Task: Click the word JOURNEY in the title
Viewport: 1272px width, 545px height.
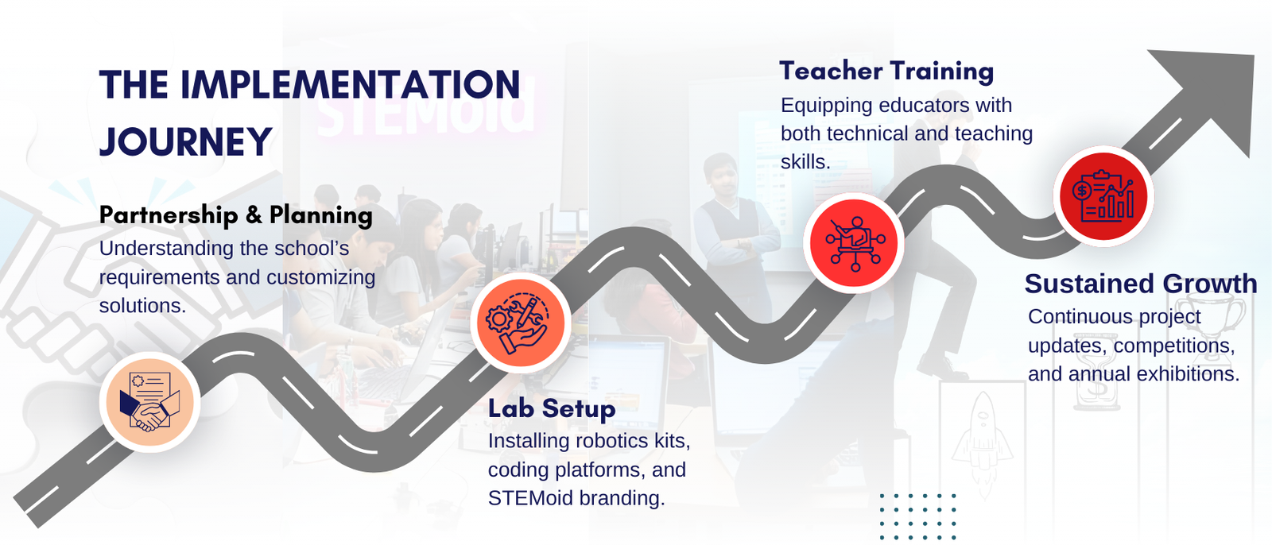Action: (x=186, y=141)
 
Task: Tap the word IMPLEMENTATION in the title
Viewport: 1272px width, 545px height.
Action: (x=350, y=84)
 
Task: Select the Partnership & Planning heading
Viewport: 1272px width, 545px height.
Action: (x=235, y=215)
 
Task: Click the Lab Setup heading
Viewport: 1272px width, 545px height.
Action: (x=552, y=408)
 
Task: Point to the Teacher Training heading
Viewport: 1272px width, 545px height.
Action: (x=886, y=72)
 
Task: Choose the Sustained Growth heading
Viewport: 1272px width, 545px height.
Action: (x=1141, y=284)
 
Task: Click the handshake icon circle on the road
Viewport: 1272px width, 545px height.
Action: (x=150, y=402)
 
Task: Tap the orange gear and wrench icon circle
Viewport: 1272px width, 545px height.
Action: (x=521, y=322)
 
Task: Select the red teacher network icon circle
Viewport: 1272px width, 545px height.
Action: (x=854, y=242)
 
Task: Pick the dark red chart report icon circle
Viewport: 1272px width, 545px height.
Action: (x=1103, y=196)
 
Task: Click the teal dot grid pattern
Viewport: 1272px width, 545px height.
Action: (x=917, y=516)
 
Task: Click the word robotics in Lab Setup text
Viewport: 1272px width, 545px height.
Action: (x=607, y=441)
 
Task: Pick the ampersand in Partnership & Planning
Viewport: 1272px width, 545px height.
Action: (x=254, y=216)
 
